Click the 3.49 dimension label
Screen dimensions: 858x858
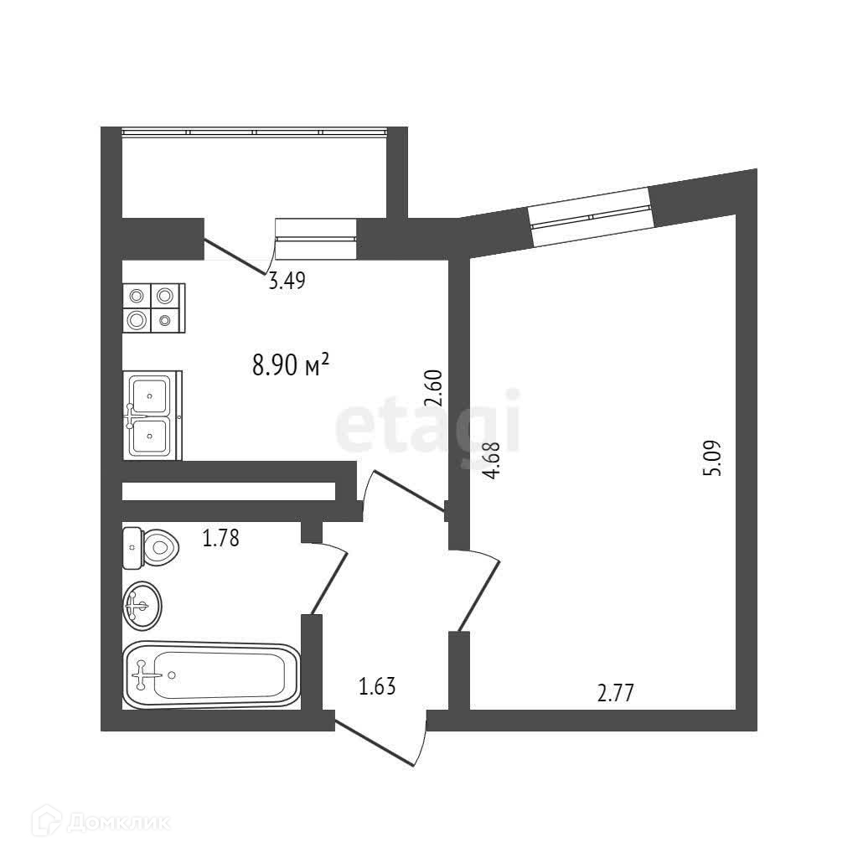point(286,282)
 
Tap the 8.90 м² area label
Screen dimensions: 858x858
point(290,365)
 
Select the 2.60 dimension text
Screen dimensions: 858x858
point(433,389)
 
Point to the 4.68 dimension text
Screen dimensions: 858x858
point(492,461)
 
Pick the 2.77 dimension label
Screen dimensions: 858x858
point(615,693)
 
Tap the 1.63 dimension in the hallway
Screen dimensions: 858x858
point(377,688)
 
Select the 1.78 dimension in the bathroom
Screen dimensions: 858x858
point(221,538)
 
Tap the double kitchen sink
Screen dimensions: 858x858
point(152,415)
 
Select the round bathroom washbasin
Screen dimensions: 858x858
point(142,605)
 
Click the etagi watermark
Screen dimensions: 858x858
point(427,429)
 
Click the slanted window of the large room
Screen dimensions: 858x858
point(591,216)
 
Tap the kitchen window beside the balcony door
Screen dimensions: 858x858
point(316,239)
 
